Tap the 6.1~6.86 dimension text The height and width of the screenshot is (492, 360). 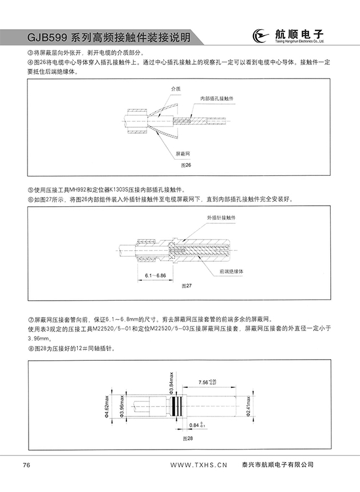click(x=155, y=275)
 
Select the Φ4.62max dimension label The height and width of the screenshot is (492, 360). click(x=107, y=407)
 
